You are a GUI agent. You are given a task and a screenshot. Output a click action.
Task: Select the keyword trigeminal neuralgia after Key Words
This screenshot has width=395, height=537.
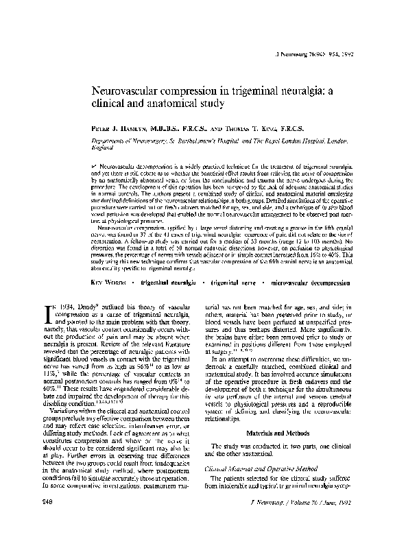(167, 282)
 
